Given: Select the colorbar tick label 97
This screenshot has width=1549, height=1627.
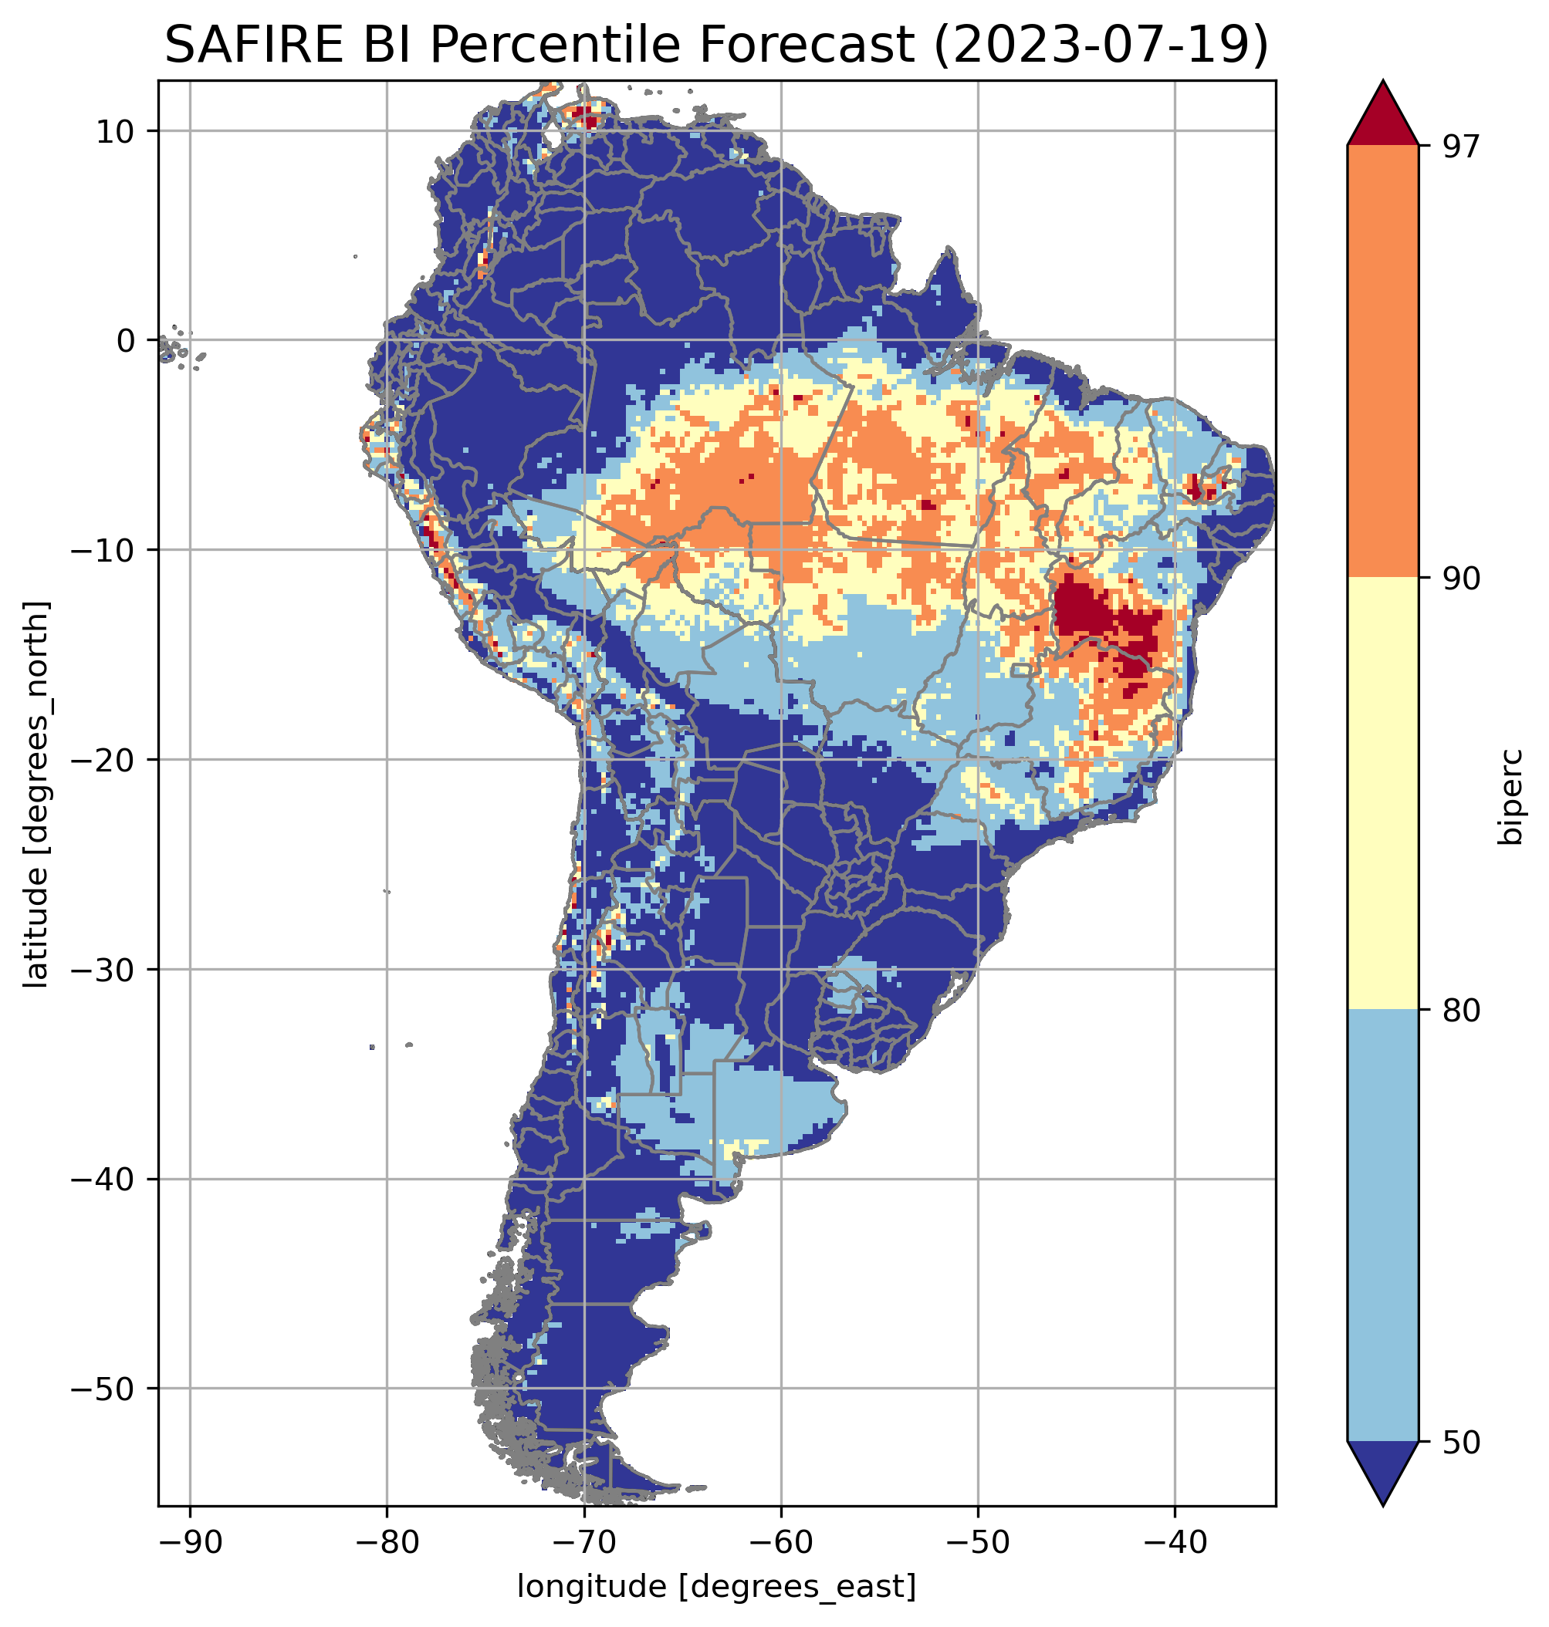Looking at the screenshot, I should click(x=1461, y=146).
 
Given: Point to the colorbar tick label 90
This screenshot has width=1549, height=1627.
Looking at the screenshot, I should click(x=1461, y=579).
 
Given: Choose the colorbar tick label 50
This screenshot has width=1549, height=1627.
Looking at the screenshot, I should click(x=1461, y=1443).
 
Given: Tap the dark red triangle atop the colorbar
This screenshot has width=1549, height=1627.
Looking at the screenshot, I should click(x=1382, y=116).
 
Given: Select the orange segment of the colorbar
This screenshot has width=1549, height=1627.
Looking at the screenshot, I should click(x=1382, y=362).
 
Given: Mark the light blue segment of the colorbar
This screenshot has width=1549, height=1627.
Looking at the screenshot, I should click(x=1382, y=1227).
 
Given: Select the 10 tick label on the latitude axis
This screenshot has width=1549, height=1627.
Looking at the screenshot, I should click(x=116, y=132).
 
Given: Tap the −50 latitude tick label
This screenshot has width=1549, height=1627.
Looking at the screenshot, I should click(x=103, y=1389).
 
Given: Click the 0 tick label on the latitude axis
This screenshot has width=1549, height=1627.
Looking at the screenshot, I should click(x=126, y=341).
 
